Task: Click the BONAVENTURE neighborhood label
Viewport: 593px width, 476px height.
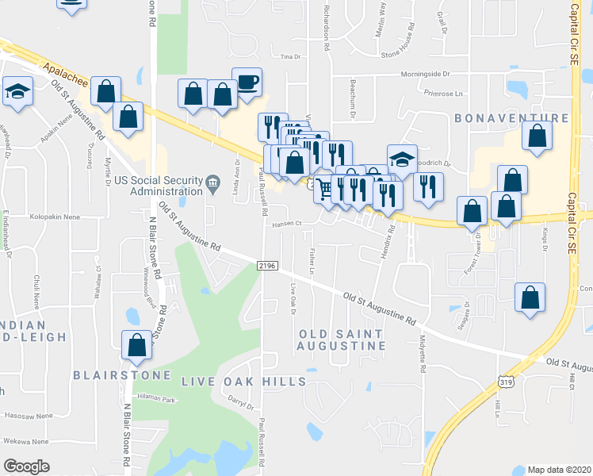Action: [512, 118]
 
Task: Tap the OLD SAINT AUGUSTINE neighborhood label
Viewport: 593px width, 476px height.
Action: [342, 340]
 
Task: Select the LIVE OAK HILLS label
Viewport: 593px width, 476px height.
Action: [243, 382]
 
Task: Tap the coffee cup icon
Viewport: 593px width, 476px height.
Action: [247, 83]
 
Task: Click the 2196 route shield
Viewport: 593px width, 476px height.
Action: [267, 267]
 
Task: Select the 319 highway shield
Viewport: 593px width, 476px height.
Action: [504, 382]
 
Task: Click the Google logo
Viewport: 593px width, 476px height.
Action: [26, 466]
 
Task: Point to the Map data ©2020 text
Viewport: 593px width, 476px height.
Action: [557, 470]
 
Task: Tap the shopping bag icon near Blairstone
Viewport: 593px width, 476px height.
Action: [136, 344]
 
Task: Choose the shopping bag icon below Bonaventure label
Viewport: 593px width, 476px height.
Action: [538, 136]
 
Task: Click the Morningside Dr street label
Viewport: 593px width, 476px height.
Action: [423, 75]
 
